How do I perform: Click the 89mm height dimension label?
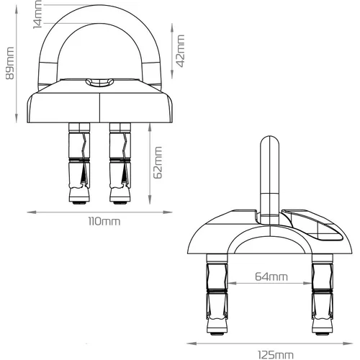pyautogui.click(x=10, y=63)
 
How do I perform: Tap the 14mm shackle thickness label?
pyautogui.click(x=37, y=14)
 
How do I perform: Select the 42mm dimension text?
pyautogui.click(x=180, y=51)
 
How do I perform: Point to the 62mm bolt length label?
pyautogui.click(x=158, y=163)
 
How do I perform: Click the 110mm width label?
pyautogui.click(x=104, y=222)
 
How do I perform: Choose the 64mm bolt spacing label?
pyautogui.click(x=271, y=276)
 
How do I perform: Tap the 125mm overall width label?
pyautogui.click(x=276, y=355)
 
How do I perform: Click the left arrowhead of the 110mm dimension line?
pyautogui.click(x=32, y=212)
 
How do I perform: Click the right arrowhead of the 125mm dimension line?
pyautogui.click(x=348, y=343)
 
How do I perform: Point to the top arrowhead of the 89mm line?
pyautogui.click(x=17, y=9)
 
